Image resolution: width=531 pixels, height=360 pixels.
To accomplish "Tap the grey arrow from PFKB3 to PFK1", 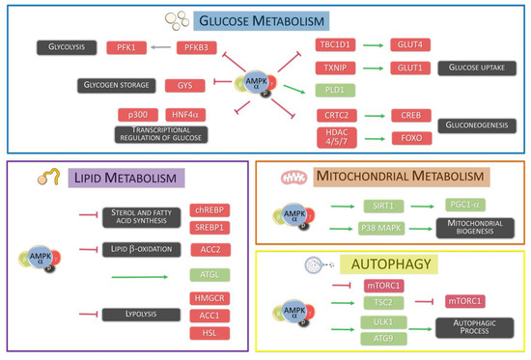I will point(174,45).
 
